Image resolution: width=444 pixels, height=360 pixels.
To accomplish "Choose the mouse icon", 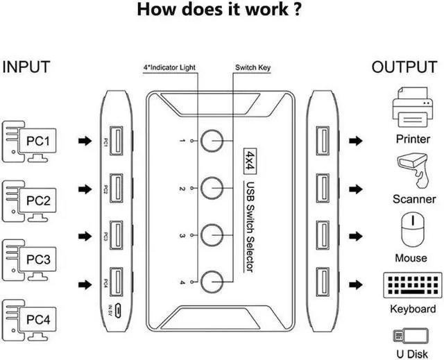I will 411,228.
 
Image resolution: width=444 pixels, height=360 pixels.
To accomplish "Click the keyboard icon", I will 412,286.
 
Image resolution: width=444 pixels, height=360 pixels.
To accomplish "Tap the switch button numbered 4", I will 214,281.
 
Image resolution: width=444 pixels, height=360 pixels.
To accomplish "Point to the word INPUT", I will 26,67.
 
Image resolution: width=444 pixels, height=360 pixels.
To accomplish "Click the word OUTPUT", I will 404,67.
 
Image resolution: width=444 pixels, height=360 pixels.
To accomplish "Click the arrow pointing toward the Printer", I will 356,141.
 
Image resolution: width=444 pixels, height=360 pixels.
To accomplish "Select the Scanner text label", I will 413,199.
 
